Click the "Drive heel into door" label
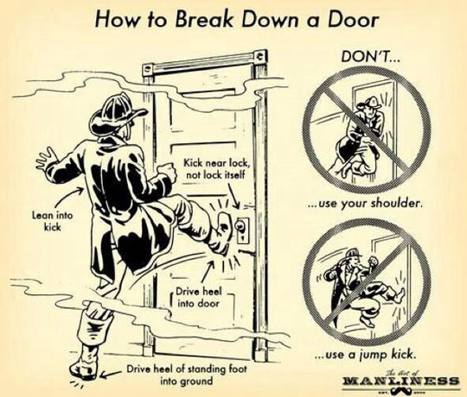200,298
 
